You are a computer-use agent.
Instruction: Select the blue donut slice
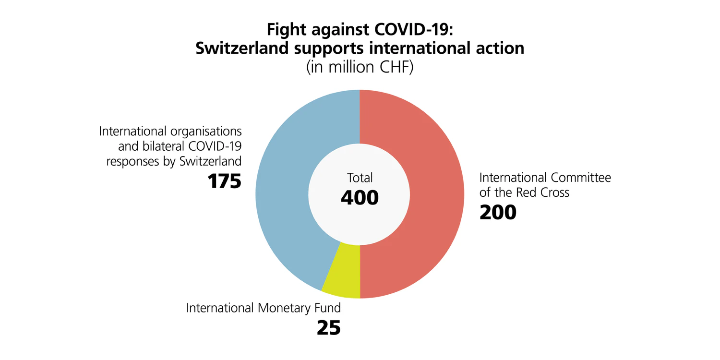point(283,192)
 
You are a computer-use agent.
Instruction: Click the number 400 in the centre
point(360,198)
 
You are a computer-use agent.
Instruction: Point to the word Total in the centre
point(360,178)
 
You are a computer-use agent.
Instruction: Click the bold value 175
point(224,181)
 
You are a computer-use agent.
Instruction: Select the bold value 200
point(498,212)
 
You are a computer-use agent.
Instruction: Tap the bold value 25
point(328,327)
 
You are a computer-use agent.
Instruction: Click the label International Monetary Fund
point(263,308)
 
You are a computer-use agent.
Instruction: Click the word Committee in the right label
point(581,178)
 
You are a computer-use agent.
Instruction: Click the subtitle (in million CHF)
point(360,67)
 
